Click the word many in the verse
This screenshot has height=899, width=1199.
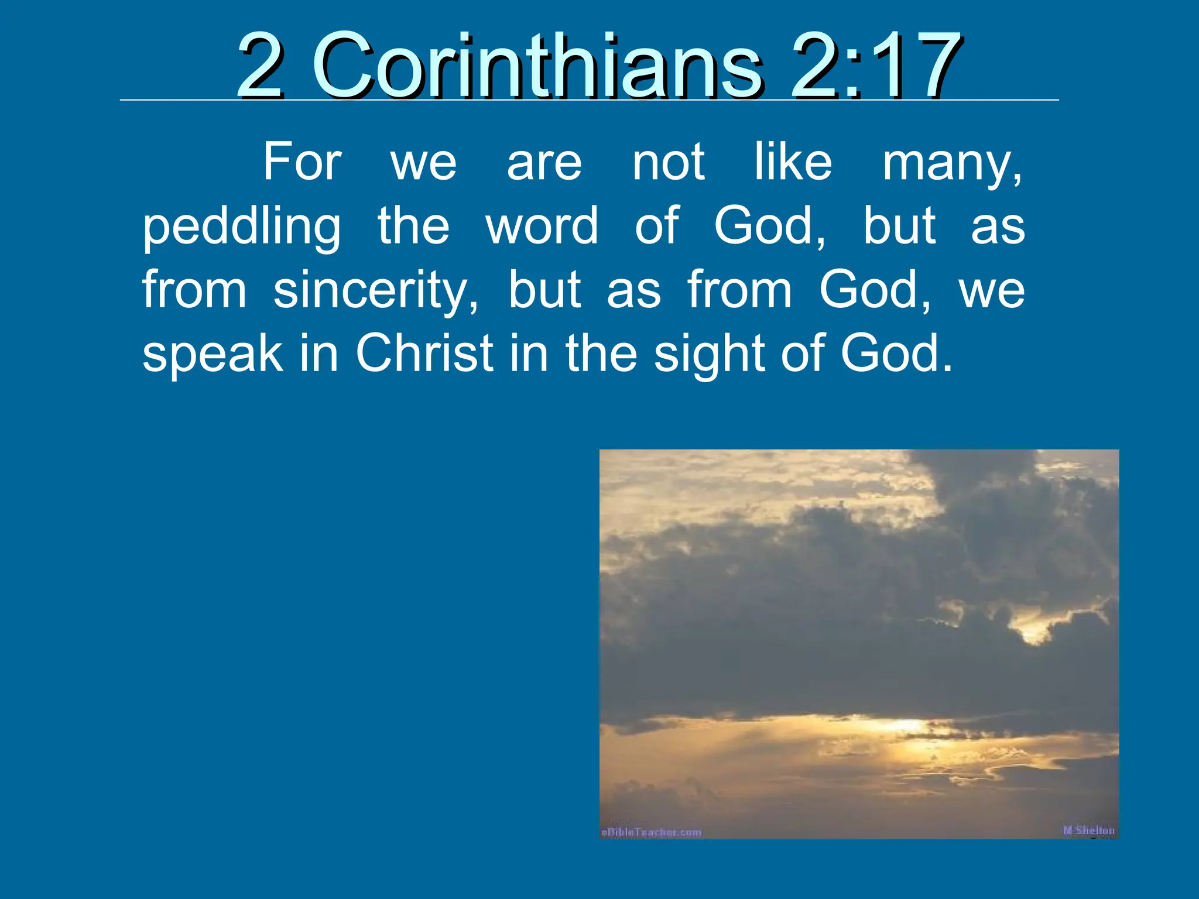(952, 164)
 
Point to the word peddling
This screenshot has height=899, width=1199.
(242, 227)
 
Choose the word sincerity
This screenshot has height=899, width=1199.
(375, 290)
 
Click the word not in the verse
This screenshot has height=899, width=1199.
(669, 163)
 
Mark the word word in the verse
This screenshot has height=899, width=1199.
(542, 226)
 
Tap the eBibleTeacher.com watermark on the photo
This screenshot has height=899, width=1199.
(651, 832)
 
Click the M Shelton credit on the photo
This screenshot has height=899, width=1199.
(1088, 830)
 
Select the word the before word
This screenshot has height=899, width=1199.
(413, 226)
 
